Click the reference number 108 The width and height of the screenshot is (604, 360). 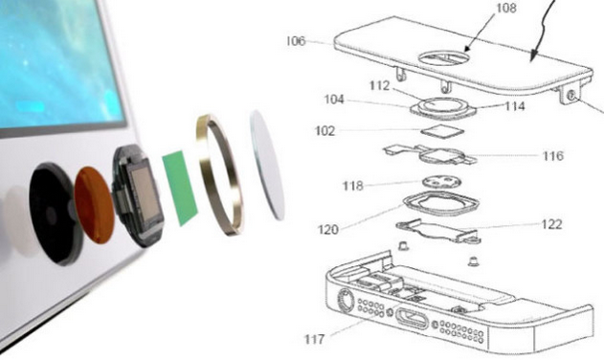(505, 8)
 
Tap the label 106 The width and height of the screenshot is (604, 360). (296, 41)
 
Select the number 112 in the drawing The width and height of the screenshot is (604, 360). (379, 85)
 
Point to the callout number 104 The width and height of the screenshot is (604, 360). (334, 100)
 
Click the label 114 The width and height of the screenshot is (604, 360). (515, 105)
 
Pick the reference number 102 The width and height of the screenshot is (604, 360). (325, 131)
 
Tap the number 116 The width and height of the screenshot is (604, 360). (552, 156)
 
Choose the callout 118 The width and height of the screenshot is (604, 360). (353, 186)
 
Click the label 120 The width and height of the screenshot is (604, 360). (327, 230)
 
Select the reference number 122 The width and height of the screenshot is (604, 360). (551, 224)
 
